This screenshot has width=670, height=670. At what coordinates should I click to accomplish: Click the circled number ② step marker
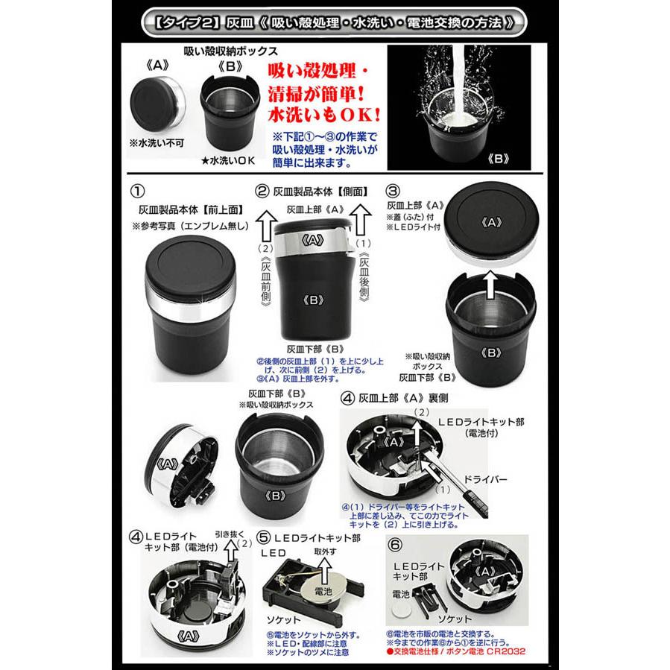[262, 191]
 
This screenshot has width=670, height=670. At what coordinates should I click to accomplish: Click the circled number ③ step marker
[394, 190]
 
